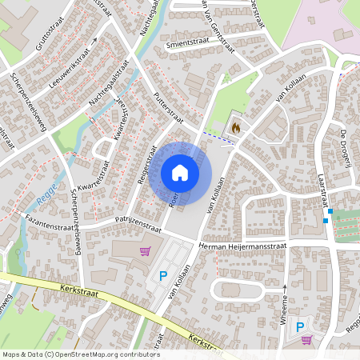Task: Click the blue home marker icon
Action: click(x=180, y=173)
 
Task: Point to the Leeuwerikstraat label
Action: click(x=70, y=63)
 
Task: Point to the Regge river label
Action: click(x=46, y=191)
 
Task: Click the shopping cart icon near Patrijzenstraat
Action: click(x=145, y=250)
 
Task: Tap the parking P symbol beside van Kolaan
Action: click(x=163, y=276)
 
